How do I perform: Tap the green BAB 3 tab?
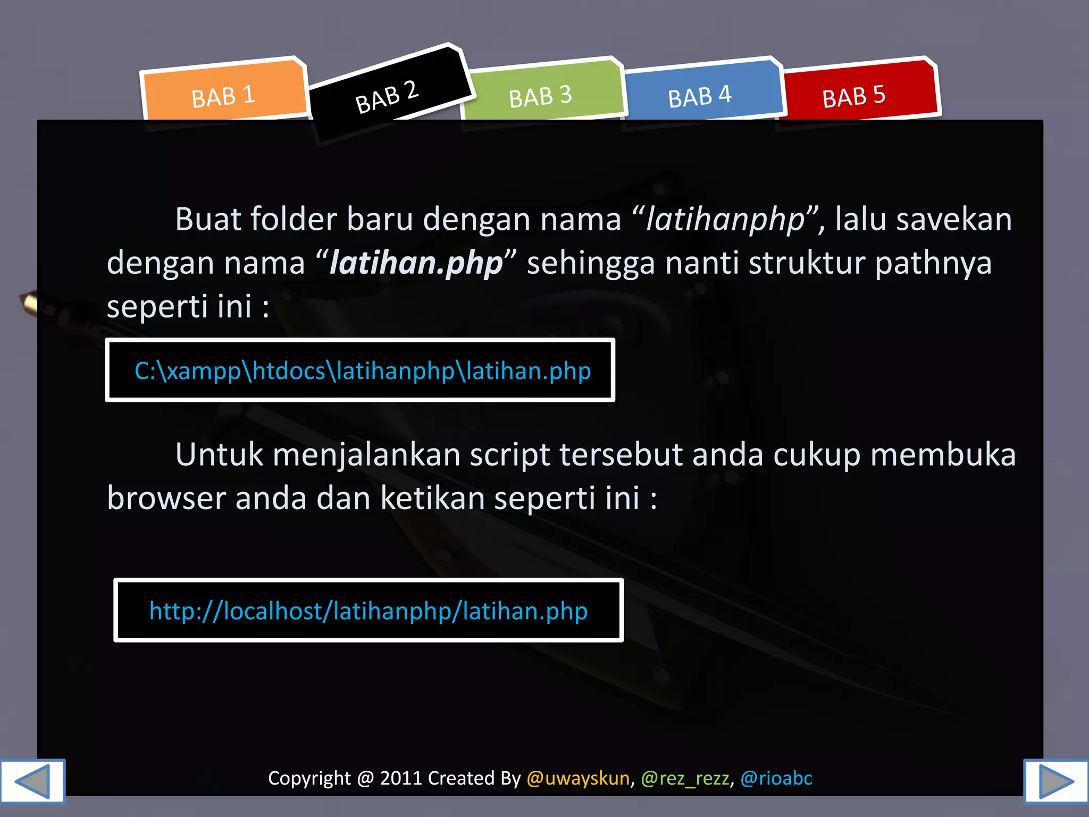(x=540, y=96)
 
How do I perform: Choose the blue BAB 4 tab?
(x=700, y=96)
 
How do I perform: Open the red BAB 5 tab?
(x=854, y=96)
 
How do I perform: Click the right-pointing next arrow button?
(x=1056, y=781)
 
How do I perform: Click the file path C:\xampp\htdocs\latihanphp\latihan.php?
(x=363, y=371)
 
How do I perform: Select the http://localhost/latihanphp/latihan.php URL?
(x=368, y=611)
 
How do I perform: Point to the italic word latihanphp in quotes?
(x=725, y=219)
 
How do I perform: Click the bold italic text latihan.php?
(x=416, y=263)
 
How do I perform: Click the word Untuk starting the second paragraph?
(x=219, y=455)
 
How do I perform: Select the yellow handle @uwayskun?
(x=578, y=778)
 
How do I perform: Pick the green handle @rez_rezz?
(x=685, y=778)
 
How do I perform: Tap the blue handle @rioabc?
(x=776, y=778)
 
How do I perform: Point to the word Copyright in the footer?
(x=309, y=778)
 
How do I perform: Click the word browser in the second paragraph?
(x=166, y=498)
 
